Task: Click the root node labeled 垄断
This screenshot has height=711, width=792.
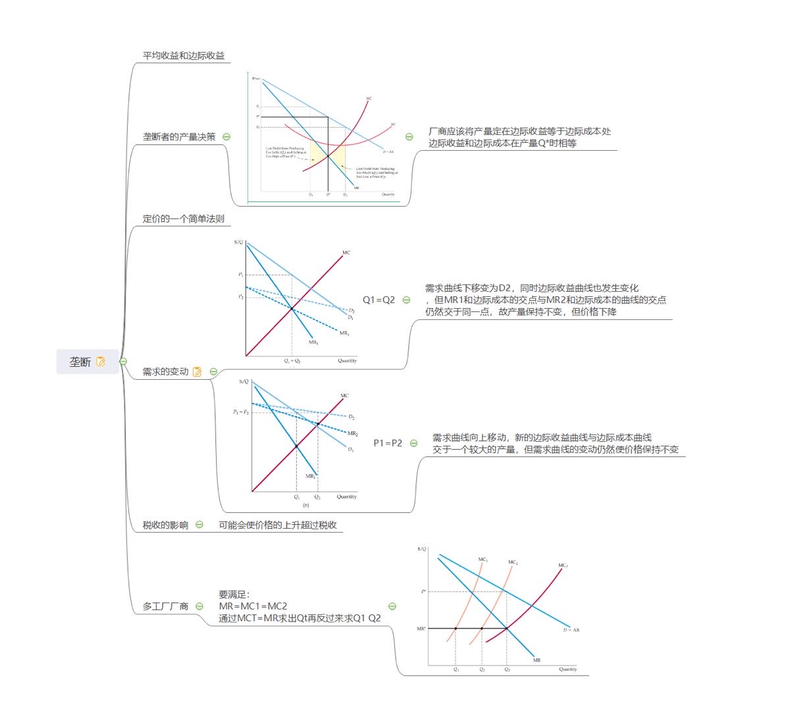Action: tap(80, 361)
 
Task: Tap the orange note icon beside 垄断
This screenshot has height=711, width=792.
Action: tap(101, 361)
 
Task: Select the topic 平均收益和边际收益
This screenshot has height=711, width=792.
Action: tap(184, 56)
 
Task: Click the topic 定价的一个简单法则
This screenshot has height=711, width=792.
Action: tap(184, 219)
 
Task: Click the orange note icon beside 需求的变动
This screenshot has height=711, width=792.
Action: tap(197, 372)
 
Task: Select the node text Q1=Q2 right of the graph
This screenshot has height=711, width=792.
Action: tap(379, 300)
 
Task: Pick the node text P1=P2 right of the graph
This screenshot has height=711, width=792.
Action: tap(388, 443)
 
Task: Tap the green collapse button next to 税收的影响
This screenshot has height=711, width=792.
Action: tap(199, 525)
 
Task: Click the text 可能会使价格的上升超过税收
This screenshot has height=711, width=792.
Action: tap(278, 525)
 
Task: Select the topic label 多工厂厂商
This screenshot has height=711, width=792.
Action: tap(165, 606)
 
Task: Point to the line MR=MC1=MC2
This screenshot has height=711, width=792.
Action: tap(253, 606)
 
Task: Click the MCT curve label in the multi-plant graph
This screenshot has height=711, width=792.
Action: tap(563, 566)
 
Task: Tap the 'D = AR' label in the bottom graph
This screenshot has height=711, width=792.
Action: tap(571, 630)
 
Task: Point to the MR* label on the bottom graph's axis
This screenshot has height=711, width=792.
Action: tap(421, 629)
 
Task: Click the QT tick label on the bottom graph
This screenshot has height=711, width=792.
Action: tap(507, 670)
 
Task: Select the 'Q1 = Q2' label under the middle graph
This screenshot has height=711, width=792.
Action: tap(292, 361)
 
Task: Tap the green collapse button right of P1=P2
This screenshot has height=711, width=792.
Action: tap(413, 443)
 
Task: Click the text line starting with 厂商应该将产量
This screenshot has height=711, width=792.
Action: tap(519, 132)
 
